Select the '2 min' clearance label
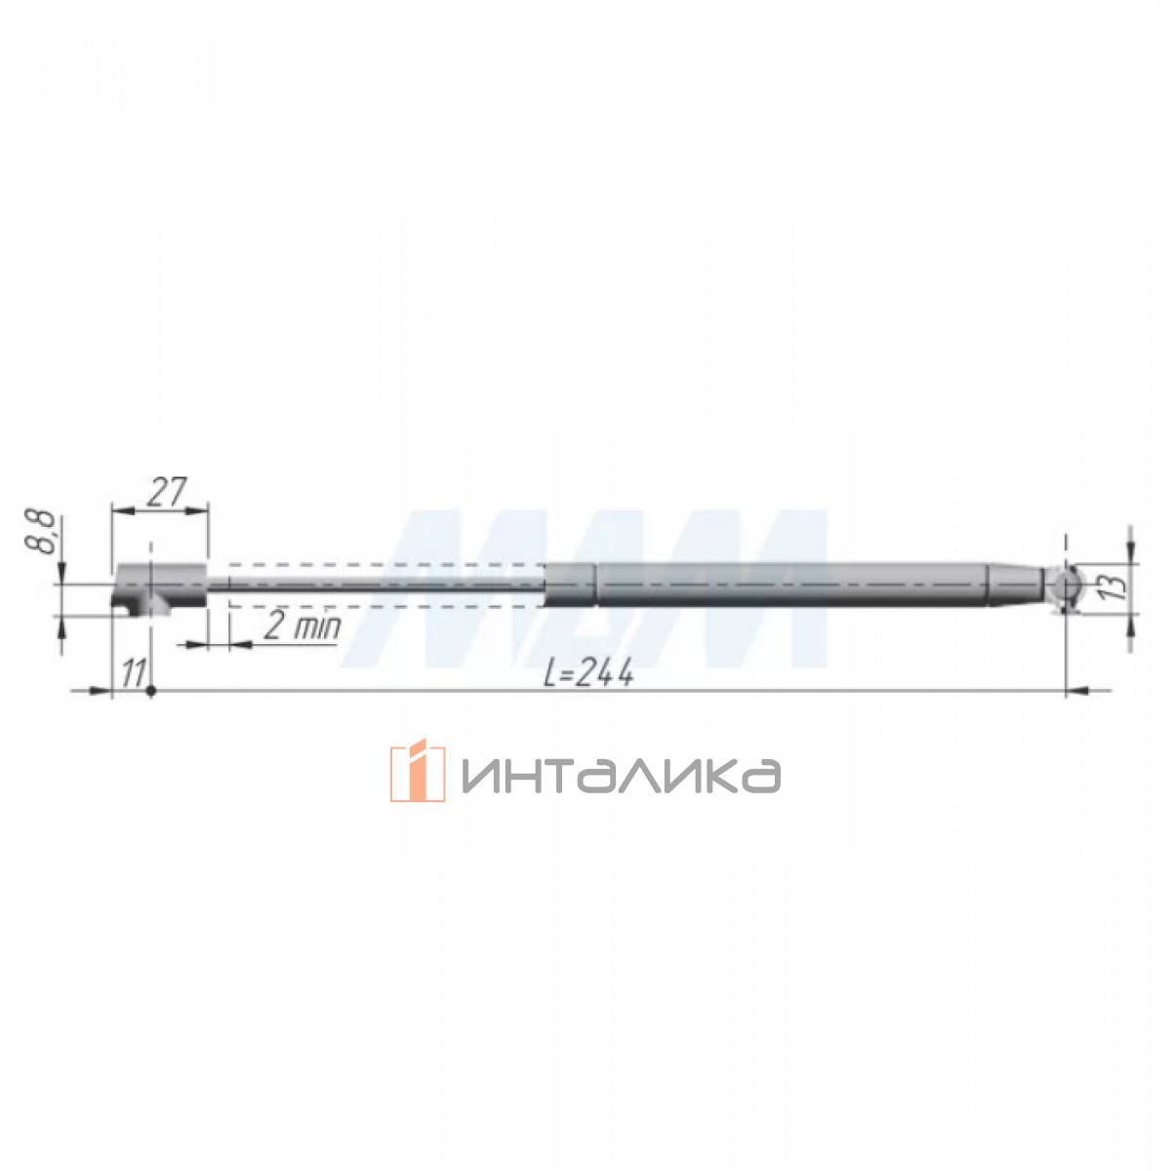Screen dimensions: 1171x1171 [x=302, y=626]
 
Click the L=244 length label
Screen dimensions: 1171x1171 [x=588, y=673]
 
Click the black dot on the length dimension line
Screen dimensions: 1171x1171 [x=151, y=691]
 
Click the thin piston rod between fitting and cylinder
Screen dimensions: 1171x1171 [x=377, y=585]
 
